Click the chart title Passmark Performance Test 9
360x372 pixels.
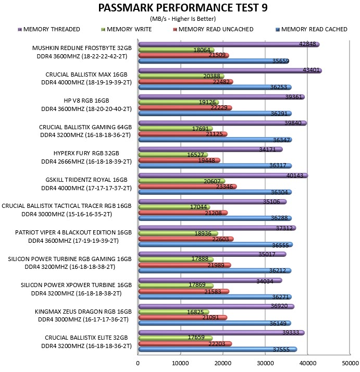(183, 8)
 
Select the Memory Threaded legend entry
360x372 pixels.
(49, 29)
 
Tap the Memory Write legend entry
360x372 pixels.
(127, 29)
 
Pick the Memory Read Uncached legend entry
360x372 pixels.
(213, 29)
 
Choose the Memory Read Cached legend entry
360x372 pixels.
(312, 29)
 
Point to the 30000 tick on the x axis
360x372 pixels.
(265, 363)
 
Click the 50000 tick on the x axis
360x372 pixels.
(350, 363)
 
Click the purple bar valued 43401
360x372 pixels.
(230, 70)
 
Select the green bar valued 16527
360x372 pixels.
(173, 155)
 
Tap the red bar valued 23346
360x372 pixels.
(188, 187)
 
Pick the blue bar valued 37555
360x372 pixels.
(218, 350)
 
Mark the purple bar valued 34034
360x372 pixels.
(210, 281)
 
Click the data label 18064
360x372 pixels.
(202, 50)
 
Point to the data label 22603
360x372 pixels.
(220, 239)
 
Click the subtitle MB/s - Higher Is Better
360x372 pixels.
(183, 19)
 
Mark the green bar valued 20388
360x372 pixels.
(181, 76)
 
